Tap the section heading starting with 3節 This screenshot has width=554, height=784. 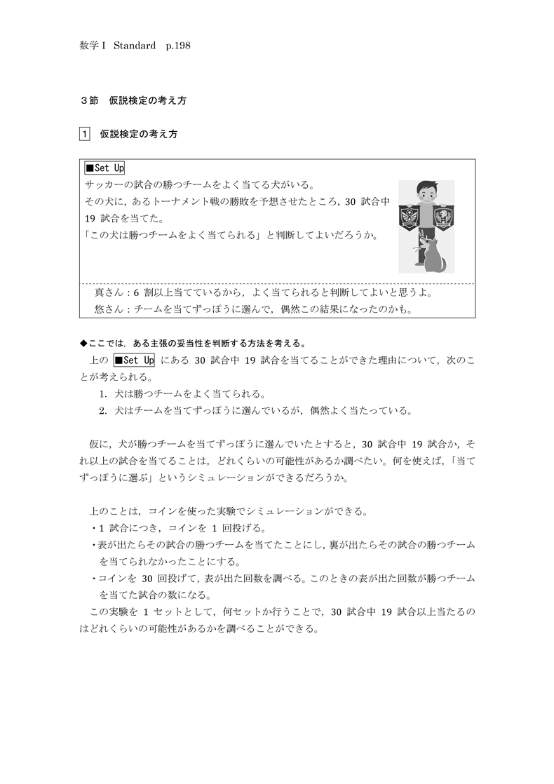pyautogui.click(x=134, y=100)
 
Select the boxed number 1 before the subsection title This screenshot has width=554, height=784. pyautogui.click(x=85, y=133)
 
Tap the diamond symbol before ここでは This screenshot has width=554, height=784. pyautogui.click(x=83, y=344)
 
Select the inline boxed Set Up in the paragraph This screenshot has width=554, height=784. pyautogui.click(x=134, y=360)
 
